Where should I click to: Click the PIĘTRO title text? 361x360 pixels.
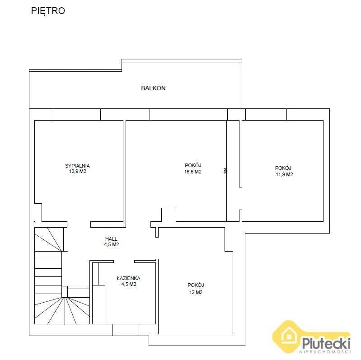pos(48,11)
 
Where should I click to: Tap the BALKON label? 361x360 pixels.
pos(153,88)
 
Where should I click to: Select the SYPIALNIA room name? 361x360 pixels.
pos(80,166)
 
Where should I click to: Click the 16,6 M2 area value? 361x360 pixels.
pos(193,172)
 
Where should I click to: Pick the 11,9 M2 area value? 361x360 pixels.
pos(284,174)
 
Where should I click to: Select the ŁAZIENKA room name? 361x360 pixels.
pos(128,278)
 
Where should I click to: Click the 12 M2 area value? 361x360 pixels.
pos(196,292)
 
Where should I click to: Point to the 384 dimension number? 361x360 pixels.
pos(225,171)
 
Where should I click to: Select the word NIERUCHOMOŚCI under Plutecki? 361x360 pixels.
pos(326,351)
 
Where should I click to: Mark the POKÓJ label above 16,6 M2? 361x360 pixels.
pos(193,165)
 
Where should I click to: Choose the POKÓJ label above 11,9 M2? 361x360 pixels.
pos(283,168)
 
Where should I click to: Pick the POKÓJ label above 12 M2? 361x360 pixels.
pos(196,285)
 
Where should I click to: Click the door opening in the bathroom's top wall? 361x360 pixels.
pos(123,261)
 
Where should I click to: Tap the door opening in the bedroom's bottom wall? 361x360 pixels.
pos(79,224)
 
